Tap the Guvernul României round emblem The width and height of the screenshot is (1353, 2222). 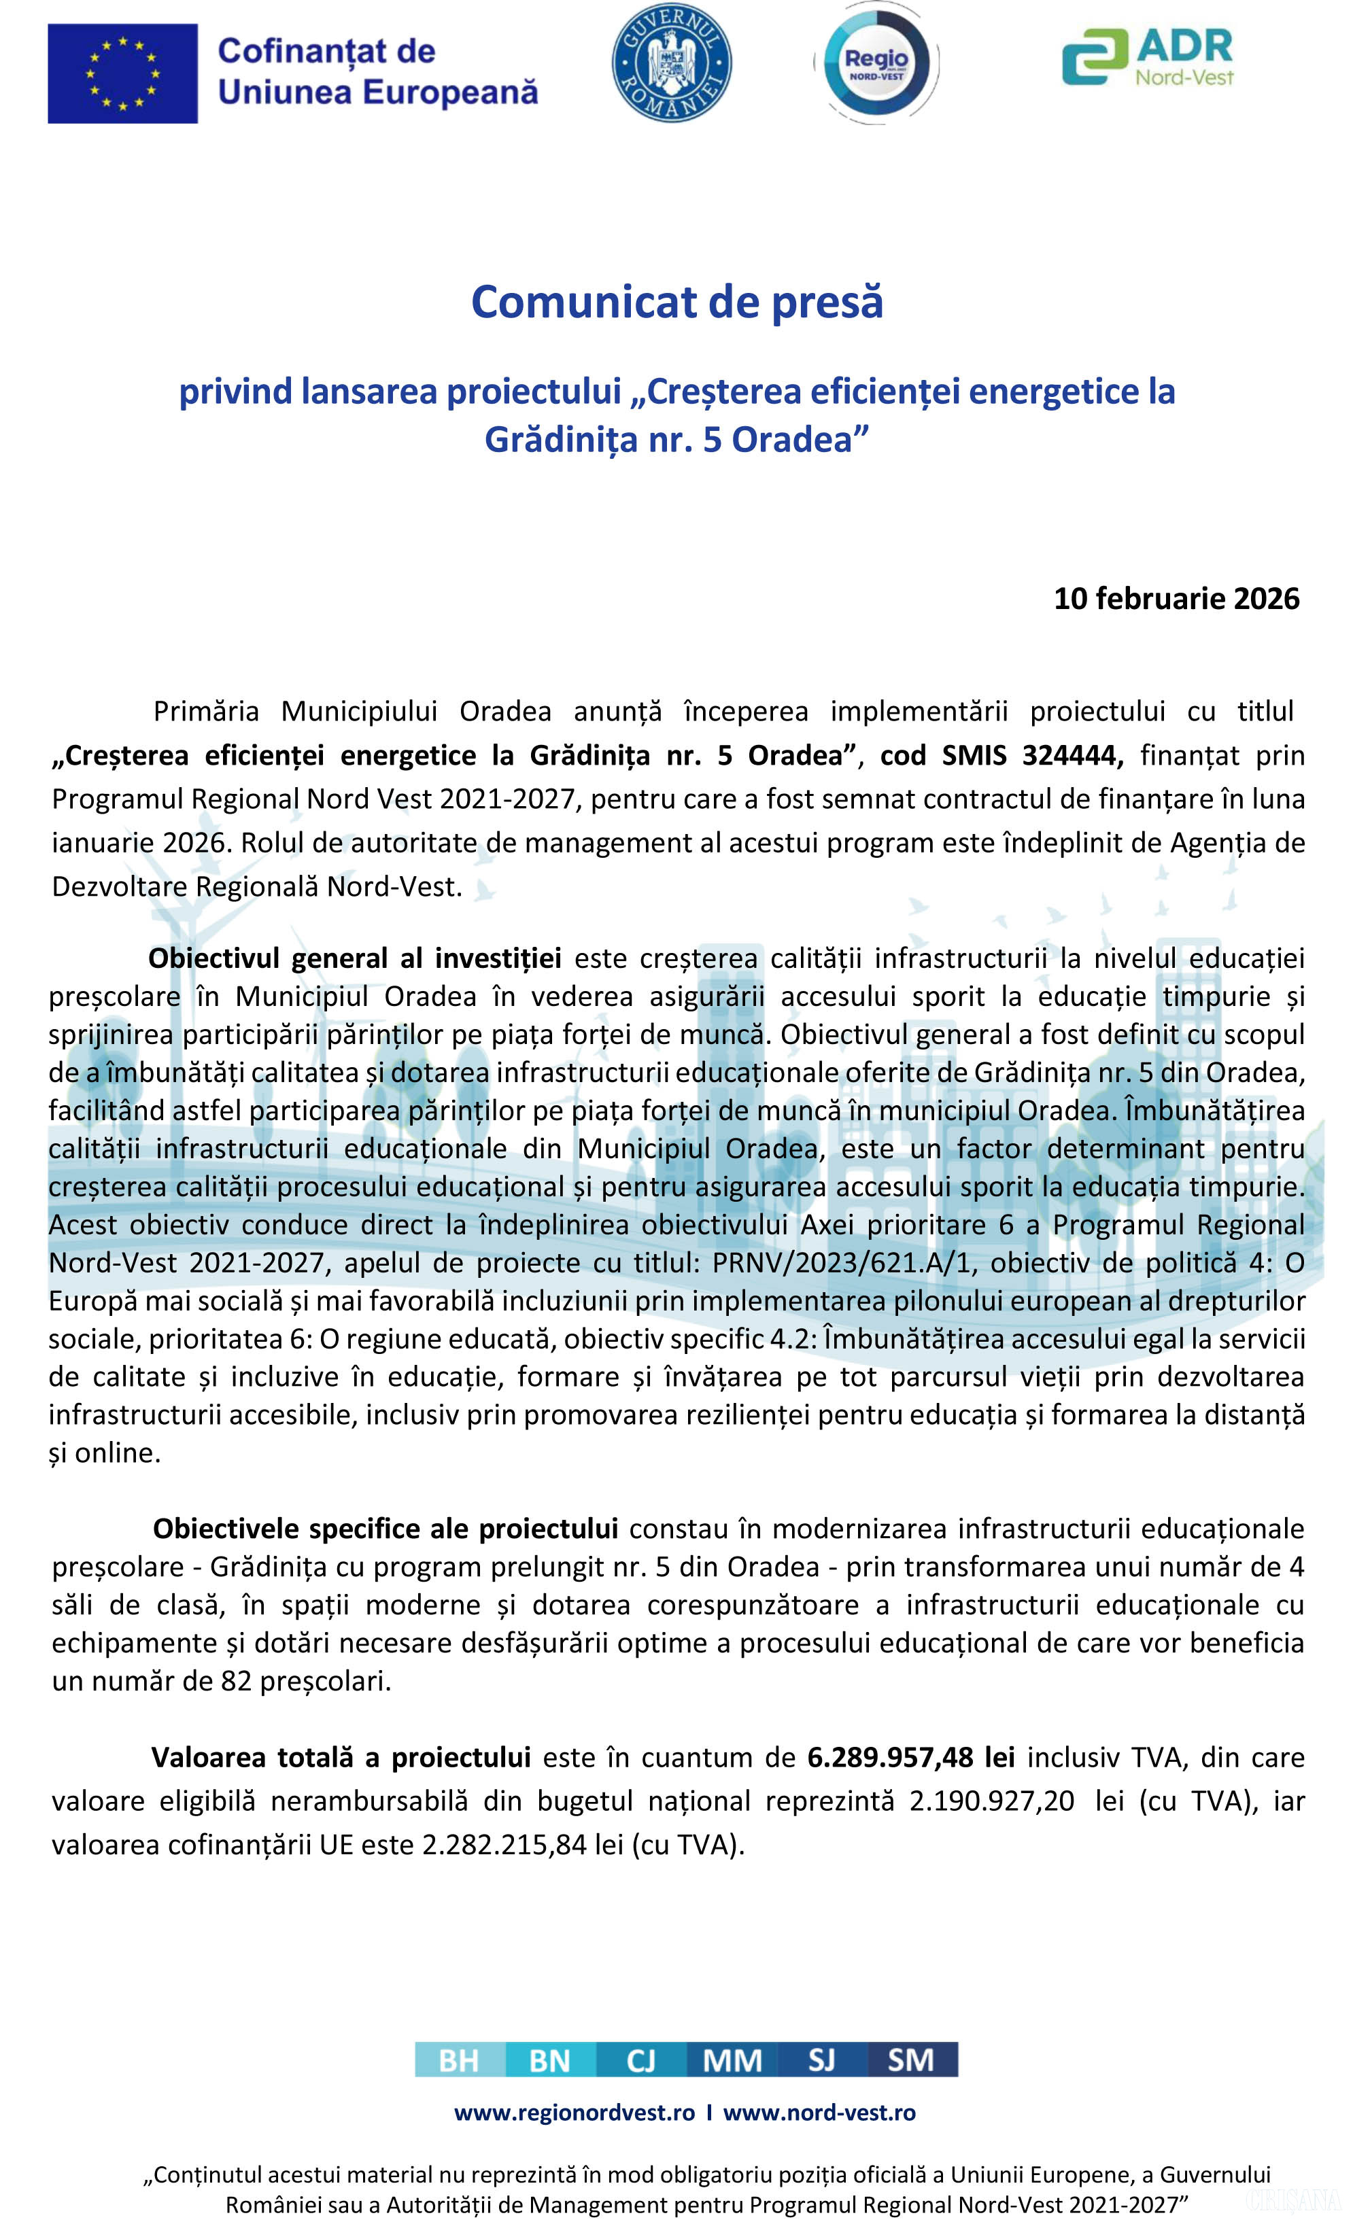tap(672, 63)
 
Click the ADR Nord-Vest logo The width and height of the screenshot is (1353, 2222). tap(1148, 58)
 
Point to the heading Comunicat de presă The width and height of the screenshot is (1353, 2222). tap(676, 301)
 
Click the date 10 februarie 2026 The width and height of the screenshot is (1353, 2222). tap(1176, 599)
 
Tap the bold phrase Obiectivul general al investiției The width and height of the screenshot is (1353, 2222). tap(354, 958)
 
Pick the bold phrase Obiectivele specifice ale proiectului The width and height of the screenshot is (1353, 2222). tap(385, 1529)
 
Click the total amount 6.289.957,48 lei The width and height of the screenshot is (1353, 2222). tap(910, 1758)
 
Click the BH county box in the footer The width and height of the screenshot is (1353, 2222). tap(459, 2061)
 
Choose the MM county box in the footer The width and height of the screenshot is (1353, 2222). tap(732, 2061)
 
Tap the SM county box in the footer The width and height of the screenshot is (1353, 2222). tap(911, 2061)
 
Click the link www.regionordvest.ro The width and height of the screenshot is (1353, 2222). tap(575, 2112)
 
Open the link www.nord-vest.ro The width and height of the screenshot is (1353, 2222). tap(819, 2112)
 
